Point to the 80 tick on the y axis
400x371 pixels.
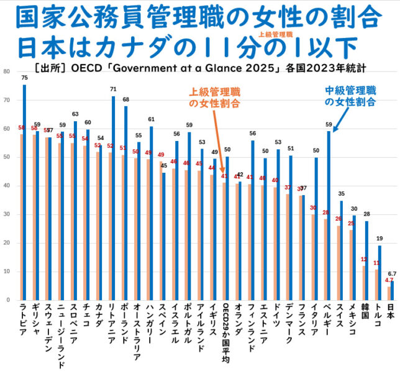6,71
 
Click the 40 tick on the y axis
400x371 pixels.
6,186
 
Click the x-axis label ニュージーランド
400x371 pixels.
60,335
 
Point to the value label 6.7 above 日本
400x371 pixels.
392,274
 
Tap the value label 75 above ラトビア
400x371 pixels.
24,78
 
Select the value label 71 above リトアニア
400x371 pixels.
113,89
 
